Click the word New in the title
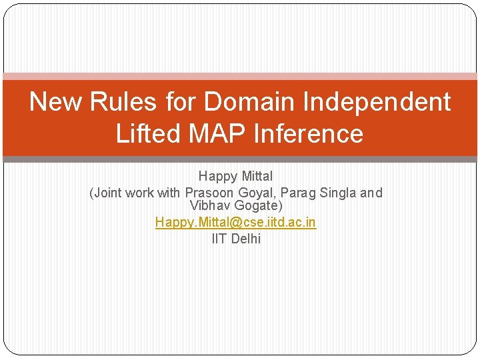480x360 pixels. tap(56, 103)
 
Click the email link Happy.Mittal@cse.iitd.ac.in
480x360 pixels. tap(235, 223)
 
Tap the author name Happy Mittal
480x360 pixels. tap(235, 177)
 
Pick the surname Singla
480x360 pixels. tap(339, 193)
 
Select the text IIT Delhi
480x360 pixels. tap(236, 239)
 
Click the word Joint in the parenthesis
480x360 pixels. tap(108, 193)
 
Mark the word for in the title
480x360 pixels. tap(178, 103)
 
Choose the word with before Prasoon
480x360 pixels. tap(169, 193)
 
